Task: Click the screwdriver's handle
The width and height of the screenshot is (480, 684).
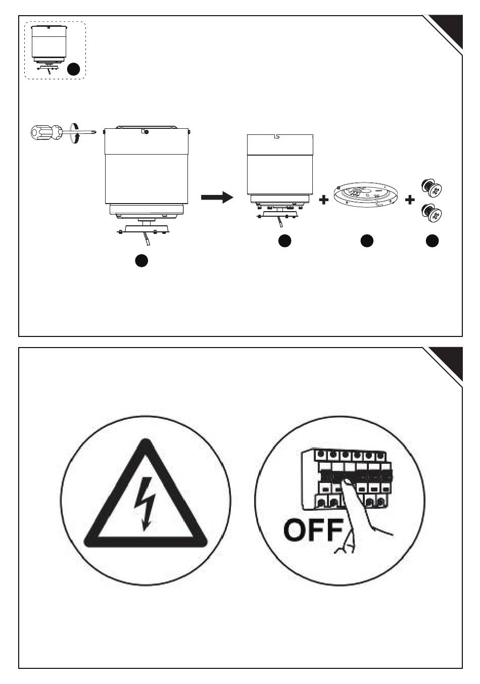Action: tap(46, 132)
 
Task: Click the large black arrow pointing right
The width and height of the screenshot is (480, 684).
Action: tap(217, 197)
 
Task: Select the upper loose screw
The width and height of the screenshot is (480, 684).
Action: tap(432, 187)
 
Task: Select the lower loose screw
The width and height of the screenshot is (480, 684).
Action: tap(432, 213)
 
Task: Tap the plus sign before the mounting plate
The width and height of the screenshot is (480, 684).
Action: tap(324, 200)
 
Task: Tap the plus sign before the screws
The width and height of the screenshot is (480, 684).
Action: tap(410, 200)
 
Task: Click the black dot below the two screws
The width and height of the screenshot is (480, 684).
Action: tap(432, 241)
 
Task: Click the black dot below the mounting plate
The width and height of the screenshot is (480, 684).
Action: tap(367, 241)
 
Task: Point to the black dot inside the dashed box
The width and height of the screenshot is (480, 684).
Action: tap(73, 69)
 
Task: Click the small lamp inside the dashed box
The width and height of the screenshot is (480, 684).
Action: tap(49, 49)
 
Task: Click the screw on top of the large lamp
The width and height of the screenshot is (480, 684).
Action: tap(146, 132)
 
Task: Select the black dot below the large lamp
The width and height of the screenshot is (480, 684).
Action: tap(141, 261)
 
